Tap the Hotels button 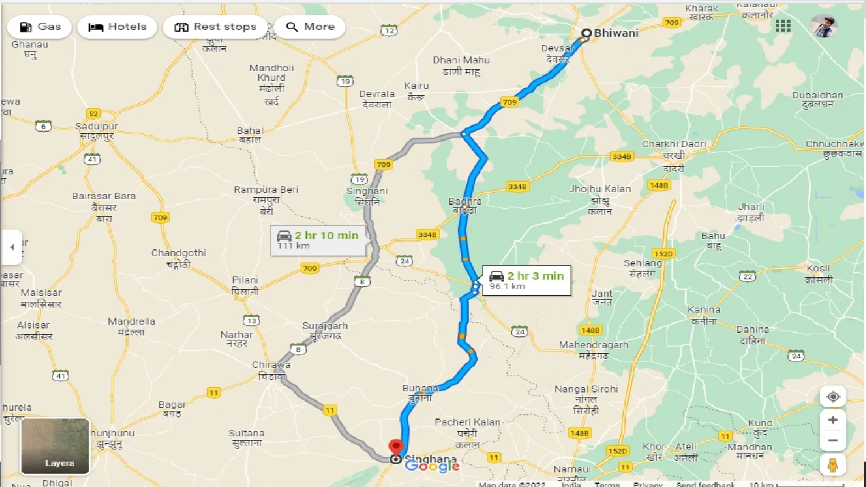point(117,27)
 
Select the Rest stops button point(216,27)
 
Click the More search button point(310,27)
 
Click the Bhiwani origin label point(616,33)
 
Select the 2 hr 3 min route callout point(526,280)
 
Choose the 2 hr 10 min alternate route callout point(318,239)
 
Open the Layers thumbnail point(55,446)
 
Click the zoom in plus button point(833,420)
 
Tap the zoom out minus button point(833,440)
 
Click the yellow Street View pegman point(833,465)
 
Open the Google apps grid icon point(783,26)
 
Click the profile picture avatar point(824,26)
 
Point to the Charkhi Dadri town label point(673,144)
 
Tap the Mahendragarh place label point(593,345)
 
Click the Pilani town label point(245,280)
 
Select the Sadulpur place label point(96,127)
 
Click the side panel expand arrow point(11,247)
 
